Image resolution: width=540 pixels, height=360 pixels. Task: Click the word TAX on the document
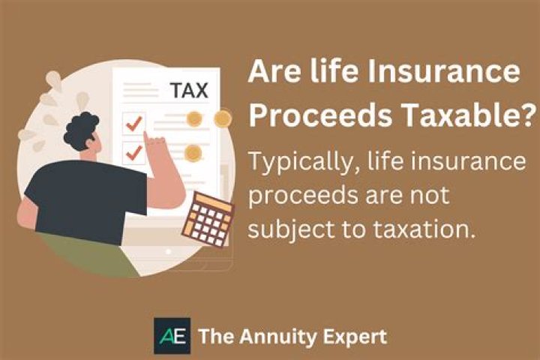tap(187, 91)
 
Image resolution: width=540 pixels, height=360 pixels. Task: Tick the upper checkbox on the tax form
tap(136, 124)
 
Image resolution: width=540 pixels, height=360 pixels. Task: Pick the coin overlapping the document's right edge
tap(222, 118)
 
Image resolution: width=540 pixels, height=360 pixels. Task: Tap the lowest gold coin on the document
tap(193, 153)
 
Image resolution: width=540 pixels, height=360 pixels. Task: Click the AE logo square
tap(172, 335)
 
